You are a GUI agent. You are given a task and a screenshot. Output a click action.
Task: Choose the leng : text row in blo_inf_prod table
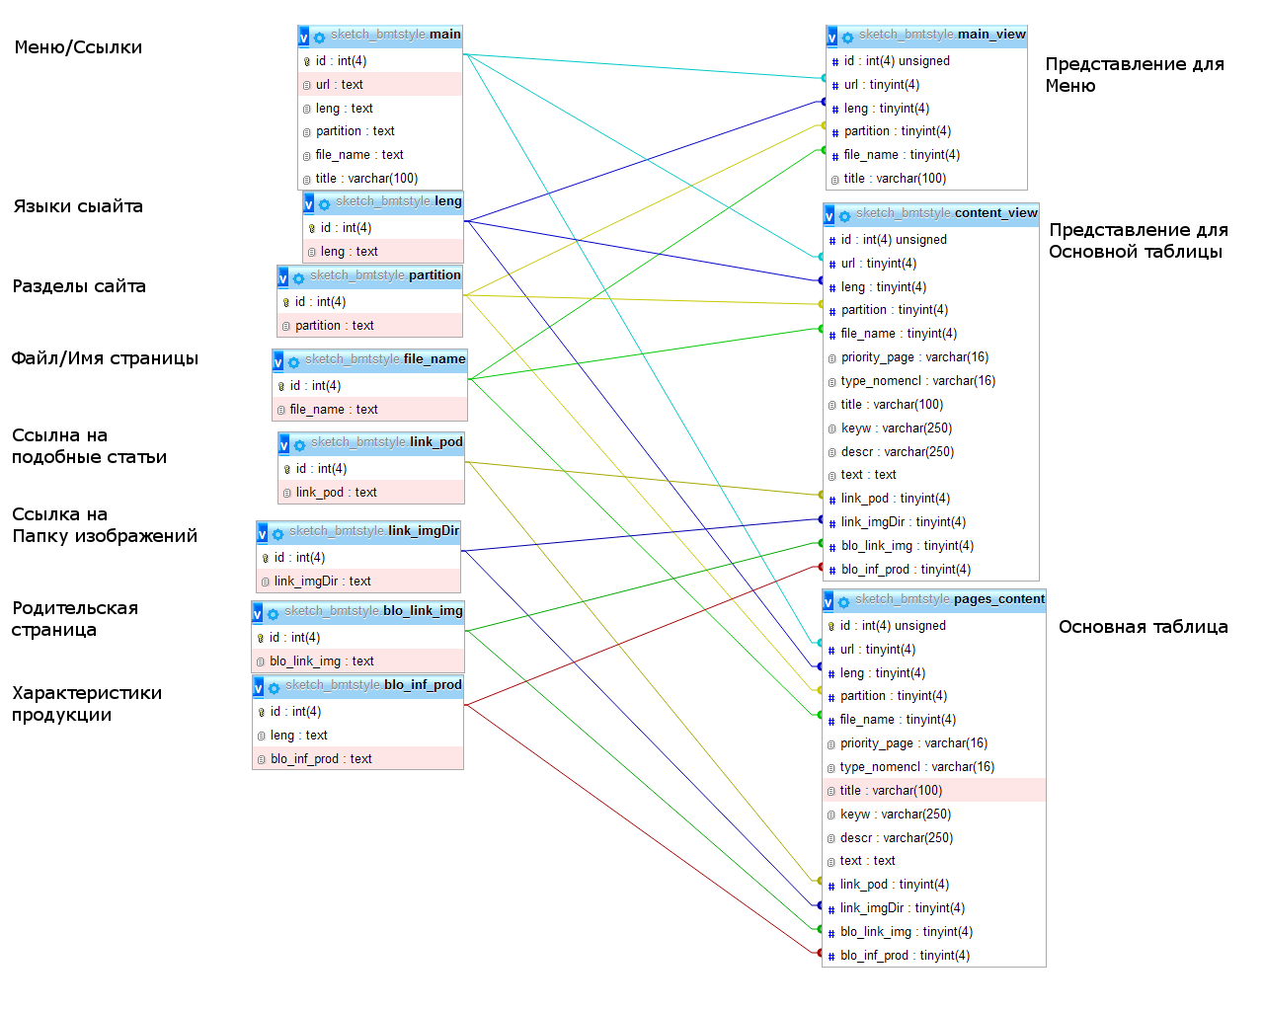[298, 736]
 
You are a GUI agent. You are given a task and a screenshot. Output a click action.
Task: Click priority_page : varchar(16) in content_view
[914, 357]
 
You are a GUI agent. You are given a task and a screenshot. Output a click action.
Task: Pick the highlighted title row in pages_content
[891, 791]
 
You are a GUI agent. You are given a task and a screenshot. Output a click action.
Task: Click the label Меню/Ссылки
[78, 47]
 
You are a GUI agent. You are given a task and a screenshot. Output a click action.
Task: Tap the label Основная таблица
[1143, 627]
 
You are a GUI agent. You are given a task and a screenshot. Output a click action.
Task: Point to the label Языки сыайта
[78, 206]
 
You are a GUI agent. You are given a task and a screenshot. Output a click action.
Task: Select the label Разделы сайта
[79, 286]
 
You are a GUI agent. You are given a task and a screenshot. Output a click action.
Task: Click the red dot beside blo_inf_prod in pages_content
[819, 953]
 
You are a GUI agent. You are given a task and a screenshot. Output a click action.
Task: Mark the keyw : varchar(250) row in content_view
[896, 428]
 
